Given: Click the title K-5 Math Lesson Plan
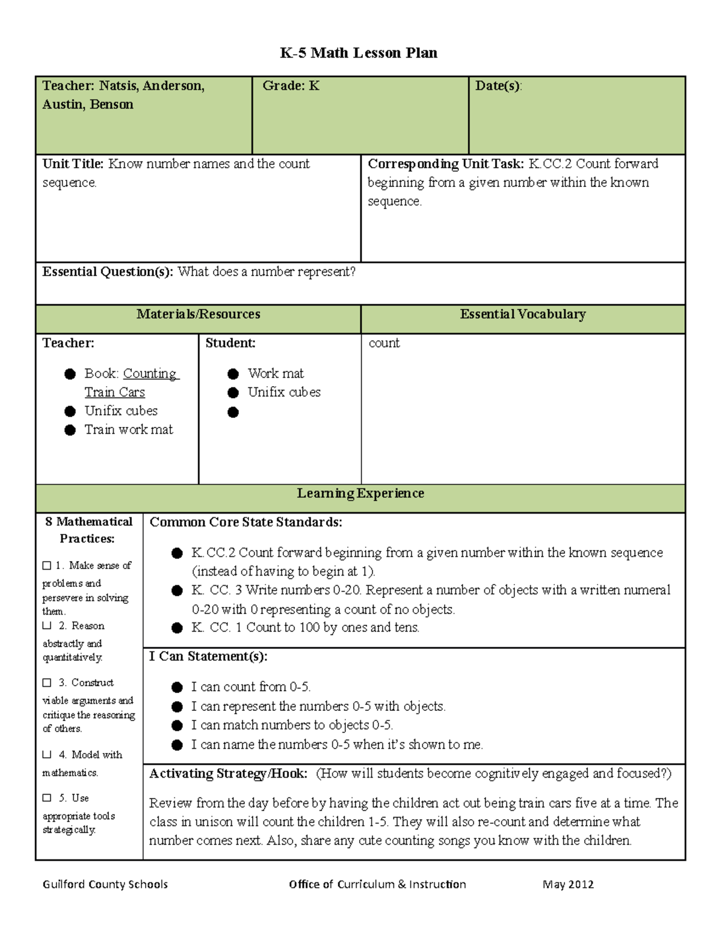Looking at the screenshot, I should (x=359, y=53).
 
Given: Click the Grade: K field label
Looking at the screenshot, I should (x=291, y=86).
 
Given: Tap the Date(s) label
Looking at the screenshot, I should (x=498, y=86).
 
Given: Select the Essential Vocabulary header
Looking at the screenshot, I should (x=522, y=315).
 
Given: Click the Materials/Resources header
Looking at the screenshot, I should (x=198, y=315).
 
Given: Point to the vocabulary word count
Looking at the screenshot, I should (x=384, y=343).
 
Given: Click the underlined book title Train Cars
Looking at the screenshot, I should (x=114, y=392).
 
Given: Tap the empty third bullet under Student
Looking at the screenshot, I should (x=233, y=413).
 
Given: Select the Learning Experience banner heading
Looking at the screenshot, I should (x=360, y=494).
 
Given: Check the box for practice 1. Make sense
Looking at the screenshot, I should (x=47, y=565).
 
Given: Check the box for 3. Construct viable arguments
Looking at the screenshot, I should (x=47, y=683).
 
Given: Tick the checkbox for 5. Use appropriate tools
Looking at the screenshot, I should (x=47, y=798).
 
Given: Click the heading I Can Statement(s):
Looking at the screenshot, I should (x=208, y=656).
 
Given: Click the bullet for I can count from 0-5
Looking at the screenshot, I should (x=177, y=687).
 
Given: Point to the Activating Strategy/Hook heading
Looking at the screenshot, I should (x=228, y=773).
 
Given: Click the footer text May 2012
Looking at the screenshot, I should (x=567, y=884).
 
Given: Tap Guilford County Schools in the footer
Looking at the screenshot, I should (x=105, y=884).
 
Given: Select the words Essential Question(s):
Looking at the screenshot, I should (x=108, y=272).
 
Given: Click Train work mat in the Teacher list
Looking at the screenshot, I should (x=128, y=429).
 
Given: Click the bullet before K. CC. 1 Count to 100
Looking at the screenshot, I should (x=177, y=628).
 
